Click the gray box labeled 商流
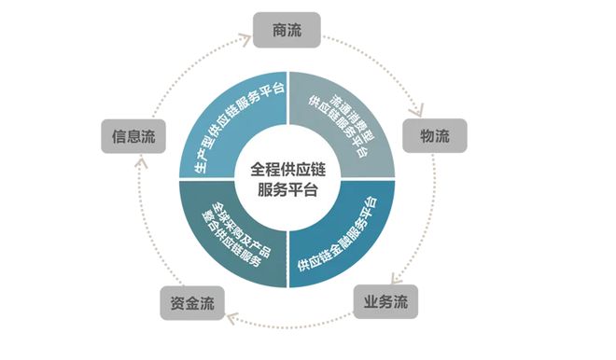click(x=287, y=30)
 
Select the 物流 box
click(x=434, y=136)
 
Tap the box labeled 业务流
click(x=385, y=302)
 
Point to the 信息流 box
click(x=133, y=136)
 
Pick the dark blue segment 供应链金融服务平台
click(x=342, y=228)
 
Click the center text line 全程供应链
click(x=286, y=169)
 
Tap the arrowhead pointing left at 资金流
click(x=230, y=320)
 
